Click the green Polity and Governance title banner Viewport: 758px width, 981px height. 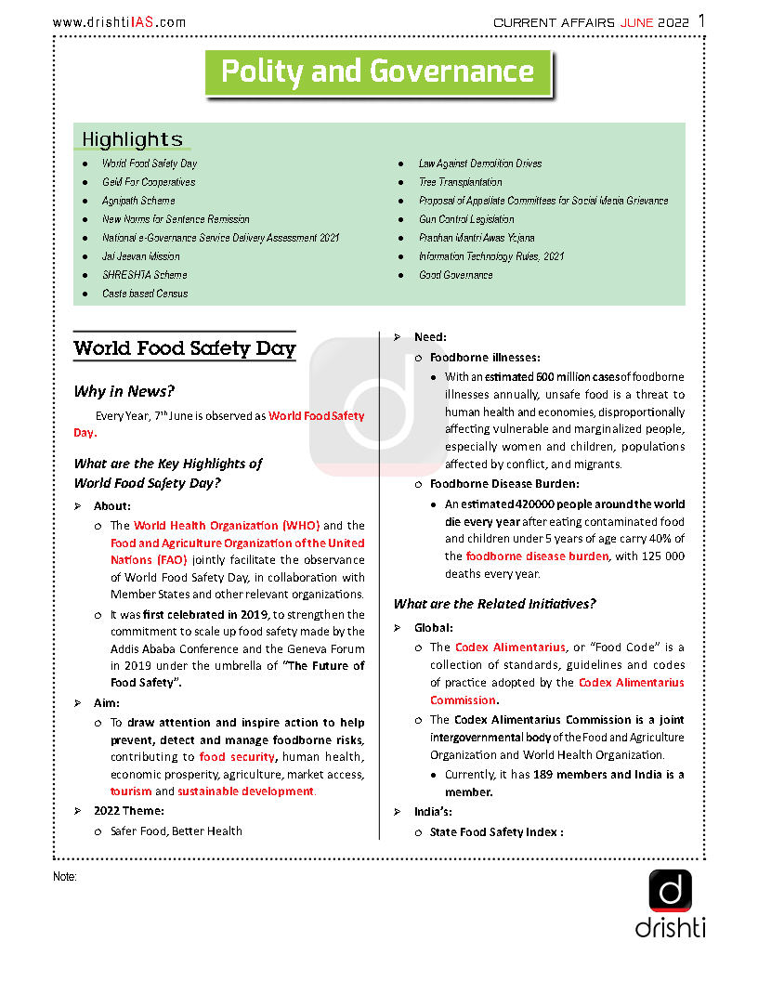377,72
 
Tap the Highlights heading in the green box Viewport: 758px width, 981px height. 132,139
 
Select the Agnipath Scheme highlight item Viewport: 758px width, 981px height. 138,201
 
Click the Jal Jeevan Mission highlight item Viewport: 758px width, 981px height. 140,256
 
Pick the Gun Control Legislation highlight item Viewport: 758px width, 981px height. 466,219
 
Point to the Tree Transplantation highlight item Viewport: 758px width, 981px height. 460,182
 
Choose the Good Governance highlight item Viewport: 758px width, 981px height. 455,275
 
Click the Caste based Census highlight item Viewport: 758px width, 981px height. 145,294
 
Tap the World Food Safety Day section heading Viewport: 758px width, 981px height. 184,349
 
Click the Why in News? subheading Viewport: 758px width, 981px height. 124,391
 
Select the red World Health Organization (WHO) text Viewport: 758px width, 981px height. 226,526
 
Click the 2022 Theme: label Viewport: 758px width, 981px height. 128,811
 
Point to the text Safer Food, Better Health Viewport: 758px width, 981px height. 176,831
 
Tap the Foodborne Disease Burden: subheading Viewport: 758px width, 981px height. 504,484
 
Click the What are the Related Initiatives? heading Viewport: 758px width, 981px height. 494,604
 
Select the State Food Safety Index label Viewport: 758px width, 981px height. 496,832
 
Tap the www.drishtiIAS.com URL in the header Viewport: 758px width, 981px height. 119,22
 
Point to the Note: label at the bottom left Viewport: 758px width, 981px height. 64,877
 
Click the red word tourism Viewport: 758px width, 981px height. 130,791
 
